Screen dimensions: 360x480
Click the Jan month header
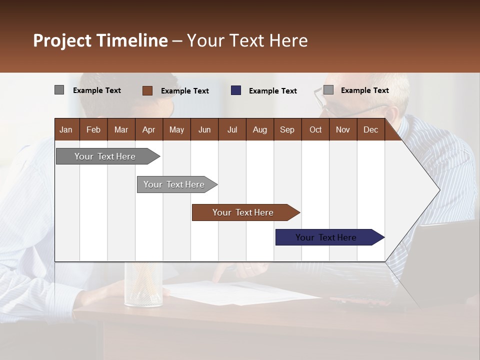click(66, 129)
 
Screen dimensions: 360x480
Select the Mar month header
click(121, 129)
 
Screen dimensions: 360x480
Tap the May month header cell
click(176, 129)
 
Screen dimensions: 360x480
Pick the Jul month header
click(232, 129)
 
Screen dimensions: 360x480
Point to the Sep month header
click(287, 129)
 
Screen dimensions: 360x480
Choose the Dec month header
click(370, 129)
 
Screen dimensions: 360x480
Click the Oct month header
click(315, 129)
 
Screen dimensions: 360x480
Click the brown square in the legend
click(147, 90)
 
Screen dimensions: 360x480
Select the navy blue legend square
click(236, 90)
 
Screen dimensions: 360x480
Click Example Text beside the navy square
click(272, 91)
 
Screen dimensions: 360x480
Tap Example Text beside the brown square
click(184, 91)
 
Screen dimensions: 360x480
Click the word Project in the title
click(62, 40)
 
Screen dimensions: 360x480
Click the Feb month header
click(93, 129)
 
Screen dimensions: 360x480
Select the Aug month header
click(259, 129)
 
